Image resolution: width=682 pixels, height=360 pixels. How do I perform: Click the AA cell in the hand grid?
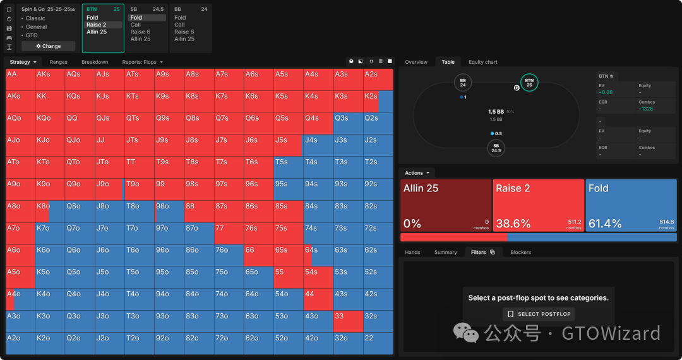(x=20, y=80)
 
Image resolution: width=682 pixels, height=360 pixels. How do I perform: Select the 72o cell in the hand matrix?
(x=229, y=344)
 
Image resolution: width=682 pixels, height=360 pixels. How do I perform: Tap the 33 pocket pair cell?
(x=348, y=321)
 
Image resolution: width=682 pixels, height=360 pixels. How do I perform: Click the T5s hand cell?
(x=288, y=167)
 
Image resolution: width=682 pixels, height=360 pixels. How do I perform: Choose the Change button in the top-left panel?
(x=49, y=46)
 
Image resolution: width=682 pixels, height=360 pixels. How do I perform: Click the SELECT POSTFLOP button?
(x=539, y=314)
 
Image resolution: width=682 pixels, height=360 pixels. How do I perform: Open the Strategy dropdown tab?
(x=23, y=62)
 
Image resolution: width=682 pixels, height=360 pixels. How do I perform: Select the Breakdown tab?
(x=95, y=62)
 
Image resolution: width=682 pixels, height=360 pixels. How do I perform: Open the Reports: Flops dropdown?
(x=142, y=62)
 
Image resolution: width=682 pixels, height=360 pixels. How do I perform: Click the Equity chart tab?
(x=482, y=62)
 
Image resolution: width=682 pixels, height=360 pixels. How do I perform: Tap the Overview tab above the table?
(x=416, y=62)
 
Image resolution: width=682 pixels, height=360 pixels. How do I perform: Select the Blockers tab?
(x=520, y=252)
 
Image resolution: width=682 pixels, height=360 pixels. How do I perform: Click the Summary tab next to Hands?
(x=445, y=252)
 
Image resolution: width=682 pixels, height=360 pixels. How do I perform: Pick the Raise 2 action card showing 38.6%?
(x=538, y=205)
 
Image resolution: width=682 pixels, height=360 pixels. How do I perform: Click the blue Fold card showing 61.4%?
(x=631, y=205)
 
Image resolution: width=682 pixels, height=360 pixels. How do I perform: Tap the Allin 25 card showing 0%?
(x=445, y=205)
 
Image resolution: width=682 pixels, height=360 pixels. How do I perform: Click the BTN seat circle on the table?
(x=529, y=83)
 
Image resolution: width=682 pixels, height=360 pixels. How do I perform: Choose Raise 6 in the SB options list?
(x=140, y=32)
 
